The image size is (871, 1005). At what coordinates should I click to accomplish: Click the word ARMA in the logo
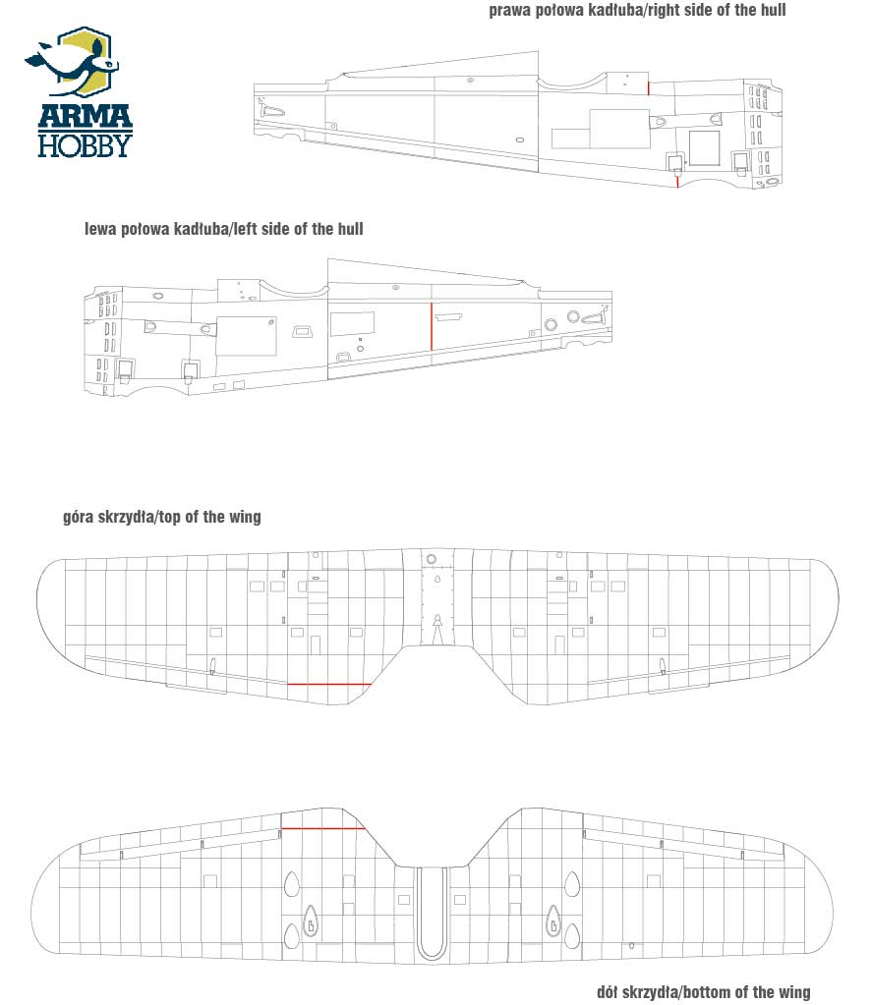85,117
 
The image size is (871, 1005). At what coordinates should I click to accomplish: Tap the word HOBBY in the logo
85,145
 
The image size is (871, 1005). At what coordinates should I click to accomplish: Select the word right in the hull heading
668,10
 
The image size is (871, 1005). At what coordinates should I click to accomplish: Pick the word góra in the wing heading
79,518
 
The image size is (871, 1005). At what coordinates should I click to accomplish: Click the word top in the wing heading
170,518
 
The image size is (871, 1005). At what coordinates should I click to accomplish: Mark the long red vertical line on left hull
432,327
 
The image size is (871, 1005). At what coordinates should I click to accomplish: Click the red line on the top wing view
329,685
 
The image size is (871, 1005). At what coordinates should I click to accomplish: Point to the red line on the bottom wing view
323,828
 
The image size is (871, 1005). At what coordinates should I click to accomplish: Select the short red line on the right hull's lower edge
677,182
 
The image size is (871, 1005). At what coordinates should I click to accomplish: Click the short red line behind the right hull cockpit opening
649,88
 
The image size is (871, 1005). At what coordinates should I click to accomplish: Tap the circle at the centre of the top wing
432,560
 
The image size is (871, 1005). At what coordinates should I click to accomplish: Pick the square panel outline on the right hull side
704,148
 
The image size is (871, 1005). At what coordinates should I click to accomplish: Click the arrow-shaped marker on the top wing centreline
437,629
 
